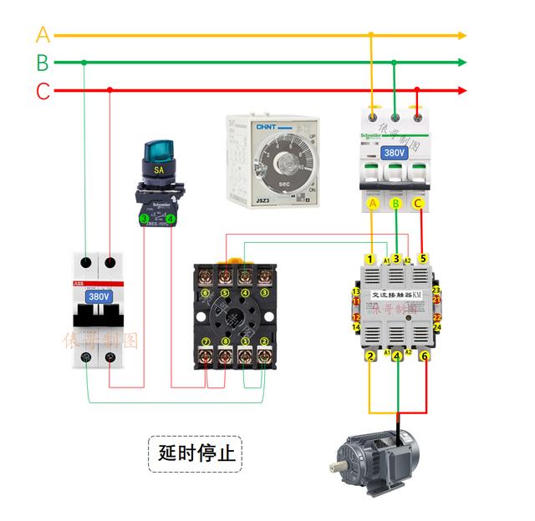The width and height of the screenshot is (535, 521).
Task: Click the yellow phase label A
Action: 43,35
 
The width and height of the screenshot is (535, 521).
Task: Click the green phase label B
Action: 43,63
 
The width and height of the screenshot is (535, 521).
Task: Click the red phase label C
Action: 43,90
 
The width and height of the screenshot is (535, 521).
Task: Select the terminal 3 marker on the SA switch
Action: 144,218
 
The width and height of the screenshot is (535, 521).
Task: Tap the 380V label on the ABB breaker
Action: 99,296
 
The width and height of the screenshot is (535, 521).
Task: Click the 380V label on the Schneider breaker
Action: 394,154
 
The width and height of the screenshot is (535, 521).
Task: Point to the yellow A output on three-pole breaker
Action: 373,203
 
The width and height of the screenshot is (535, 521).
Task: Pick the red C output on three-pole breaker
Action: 418,203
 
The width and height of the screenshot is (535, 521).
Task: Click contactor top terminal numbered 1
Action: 370,259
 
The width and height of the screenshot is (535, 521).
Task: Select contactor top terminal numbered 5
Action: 423,259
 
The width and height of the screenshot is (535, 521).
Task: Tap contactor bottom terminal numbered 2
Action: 370,357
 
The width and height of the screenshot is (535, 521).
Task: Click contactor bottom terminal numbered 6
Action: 424,357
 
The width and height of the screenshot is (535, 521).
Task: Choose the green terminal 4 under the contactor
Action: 397,357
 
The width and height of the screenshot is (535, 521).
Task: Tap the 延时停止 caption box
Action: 194,454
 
